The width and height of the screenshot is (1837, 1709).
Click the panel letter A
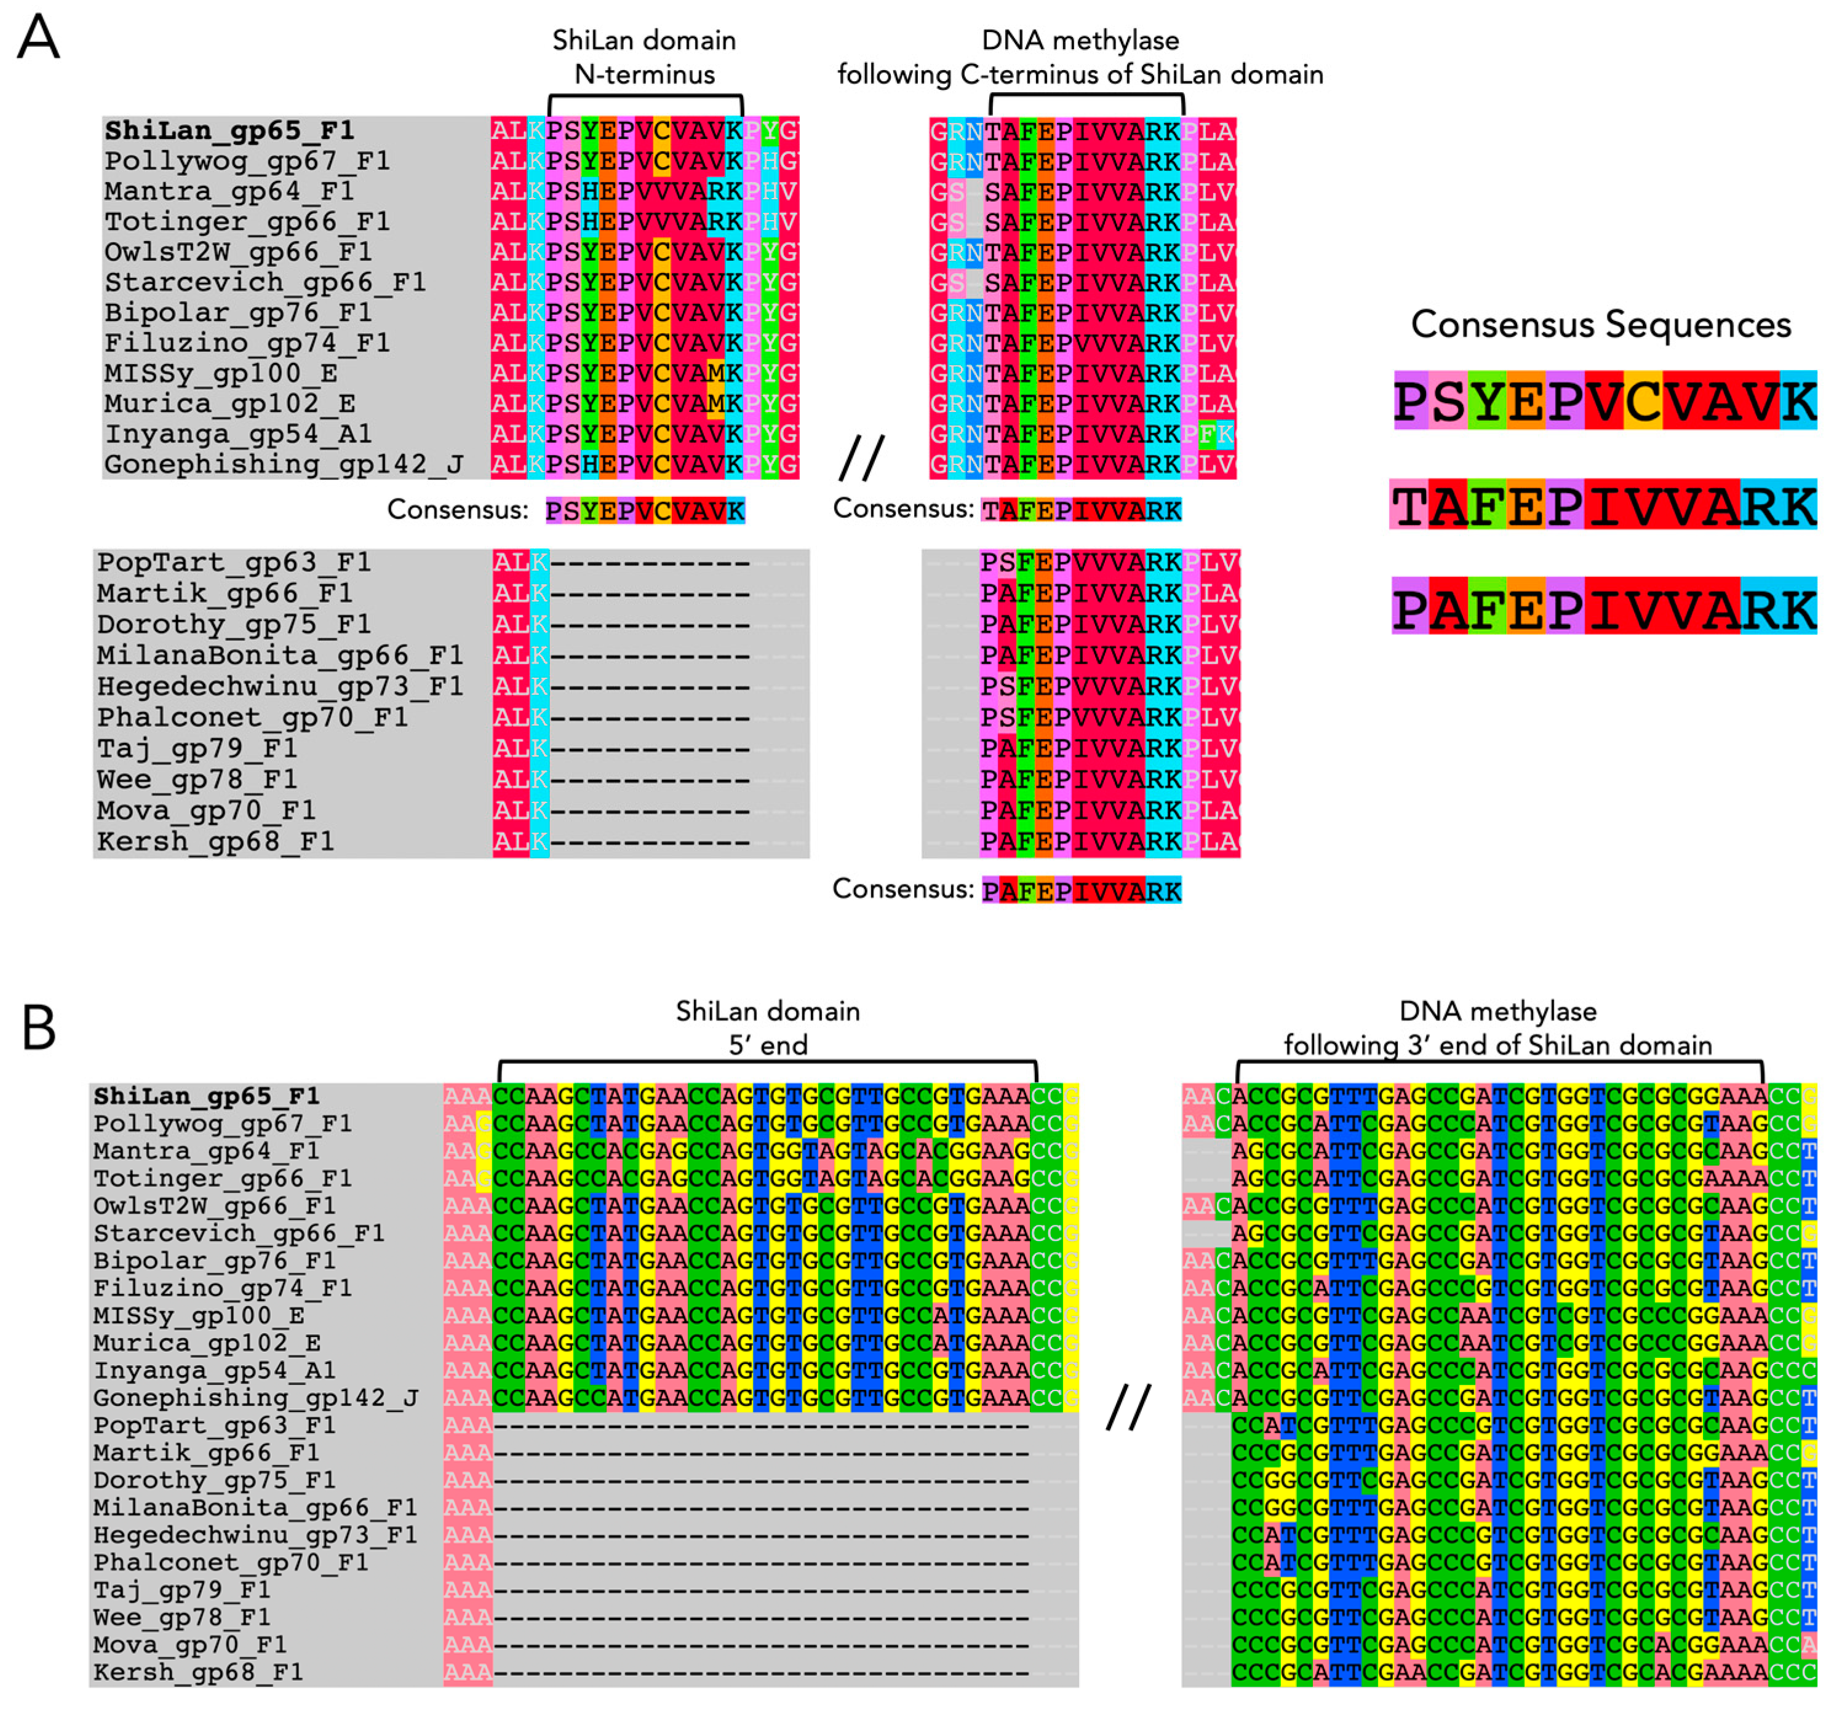point(39,39)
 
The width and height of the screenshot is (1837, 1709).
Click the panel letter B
point(39,1028)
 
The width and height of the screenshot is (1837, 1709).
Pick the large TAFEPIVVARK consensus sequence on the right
point(1603,506)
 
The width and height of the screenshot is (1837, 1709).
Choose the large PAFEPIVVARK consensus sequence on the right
point(1603,609)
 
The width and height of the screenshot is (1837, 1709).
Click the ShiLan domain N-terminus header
point(644,57)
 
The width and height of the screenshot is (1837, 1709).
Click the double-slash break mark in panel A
point(861,458)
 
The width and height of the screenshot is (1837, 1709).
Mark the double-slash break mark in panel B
point(1128,1407)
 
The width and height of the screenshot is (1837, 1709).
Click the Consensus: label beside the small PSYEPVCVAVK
point(457,509)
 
